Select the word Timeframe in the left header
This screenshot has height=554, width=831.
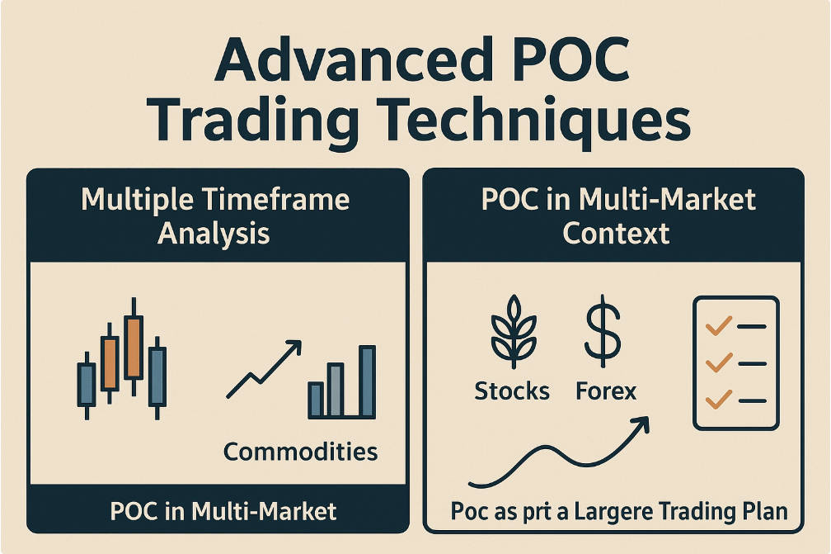[x=275, y=200]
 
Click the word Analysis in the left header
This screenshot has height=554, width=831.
[x=214, y=234]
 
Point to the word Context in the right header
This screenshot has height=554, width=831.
[x=616, y=234]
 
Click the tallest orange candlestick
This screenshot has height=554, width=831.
[x=134, y=347]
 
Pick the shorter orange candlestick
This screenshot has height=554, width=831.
[x=110, y=363]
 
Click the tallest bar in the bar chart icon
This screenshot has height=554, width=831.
[x=367, y=381]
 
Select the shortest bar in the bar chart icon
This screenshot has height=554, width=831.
[x=316, y=400]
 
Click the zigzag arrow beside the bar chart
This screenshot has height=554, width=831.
[x=264, y=369]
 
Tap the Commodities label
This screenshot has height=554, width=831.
[x=300, y=452]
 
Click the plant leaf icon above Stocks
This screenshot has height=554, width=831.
[x=514, y=332]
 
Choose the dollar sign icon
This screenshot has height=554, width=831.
[x=603, y=331]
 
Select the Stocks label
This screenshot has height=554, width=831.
[x=512, y=391]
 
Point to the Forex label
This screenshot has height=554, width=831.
[x=606, y=391]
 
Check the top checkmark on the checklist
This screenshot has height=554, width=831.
[x=719, y=325]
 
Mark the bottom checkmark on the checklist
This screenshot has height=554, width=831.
[x=719, y=399]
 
